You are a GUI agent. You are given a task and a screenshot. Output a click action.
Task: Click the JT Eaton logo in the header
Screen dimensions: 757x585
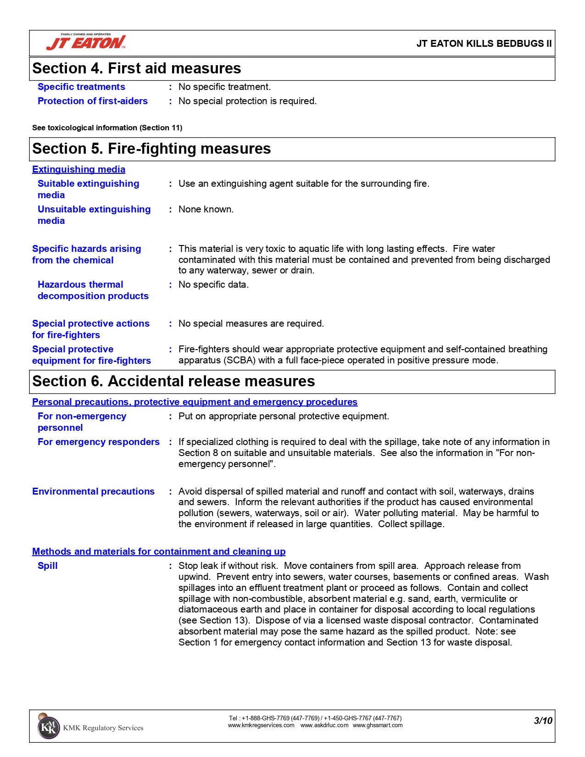86,42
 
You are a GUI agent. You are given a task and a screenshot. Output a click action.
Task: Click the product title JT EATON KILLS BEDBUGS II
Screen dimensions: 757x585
484,44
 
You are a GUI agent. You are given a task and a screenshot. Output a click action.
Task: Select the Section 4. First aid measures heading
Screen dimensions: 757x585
136,68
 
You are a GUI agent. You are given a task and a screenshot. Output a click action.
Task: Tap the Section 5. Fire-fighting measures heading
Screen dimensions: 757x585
151,149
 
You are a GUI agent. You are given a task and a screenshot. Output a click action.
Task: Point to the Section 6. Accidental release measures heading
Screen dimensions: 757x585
173,381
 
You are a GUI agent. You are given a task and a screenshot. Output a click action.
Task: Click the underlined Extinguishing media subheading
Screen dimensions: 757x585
78,169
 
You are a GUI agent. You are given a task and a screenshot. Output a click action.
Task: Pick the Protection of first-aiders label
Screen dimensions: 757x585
92,101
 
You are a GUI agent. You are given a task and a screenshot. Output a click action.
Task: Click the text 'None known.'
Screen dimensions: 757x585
206,209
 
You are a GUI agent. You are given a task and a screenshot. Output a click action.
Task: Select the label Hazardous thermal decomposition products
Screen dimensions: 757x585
93,290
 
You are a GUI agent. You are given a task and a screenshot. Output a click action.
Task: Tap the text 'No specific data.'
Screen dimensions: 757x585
213,284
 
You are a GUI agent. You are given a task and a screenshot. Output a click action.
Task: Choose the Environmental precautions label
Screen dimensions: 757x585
93,491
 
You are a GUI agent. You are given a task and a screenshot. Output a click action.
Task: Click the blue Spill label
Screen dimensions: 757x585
48,566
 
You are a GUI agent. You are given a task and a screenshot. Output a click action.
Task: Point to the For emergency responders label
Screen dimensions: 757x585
98,442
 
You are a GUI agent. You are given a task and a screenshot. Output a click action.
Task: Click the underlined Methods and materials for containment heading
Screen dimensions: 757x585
159,551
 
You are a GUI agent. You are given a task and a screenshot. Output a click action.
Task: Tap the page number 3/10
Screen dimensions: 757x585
543,720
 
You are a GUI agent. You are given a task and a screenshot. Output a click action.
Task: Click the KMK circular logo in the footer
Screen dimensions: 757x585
48,727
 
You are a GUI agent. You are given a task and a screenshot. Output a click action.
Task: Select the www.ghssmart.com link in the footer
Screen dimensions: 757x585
378,725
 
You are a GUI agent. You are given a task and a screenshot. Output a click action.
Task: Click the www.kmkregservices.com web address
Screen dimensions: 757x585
261,725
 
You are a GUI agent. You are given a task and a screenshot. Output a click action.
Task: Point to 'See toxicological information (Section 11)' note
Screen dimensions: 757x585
107,128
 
